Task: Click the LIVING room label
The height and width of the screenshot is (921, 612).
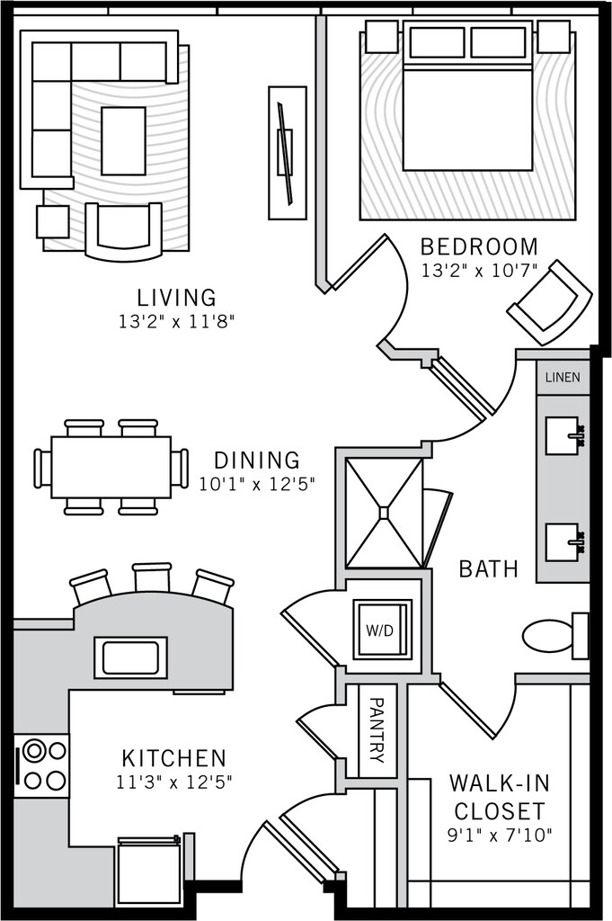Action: [176, 297]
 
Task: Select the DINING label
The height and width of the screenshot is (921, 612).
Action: [256, 460]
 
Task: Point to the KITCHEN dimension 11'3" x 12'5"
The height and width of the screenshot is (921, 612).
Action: [174, 782]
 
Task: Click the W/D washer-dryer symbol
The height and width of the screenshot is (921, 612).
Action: [381, 630]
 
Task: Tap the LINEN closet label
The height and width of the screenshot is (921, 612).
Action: [563, 378]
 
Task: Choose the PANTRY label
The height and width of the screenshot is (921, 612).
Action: [376, 730]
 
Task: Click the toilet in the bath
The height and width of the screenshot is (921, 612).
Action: [555, 636]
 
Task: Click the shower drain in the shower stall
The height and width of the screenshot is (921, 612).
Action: [384, 513]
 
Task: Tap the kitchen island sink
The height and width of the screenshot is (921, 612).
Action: [130, 657]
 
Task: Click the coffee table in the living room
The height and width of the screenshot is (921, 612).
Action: [123, 140]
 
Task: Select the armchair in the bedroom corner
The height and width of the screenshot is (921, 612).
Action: [550, 304]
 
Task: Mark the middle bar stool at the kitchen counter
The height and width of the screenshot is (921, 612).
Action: [152, 577]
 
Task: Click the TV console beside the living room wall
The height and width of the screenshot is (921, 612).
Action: [288, 153]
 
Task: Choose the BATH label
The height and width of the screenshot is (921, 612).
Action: [489, 568]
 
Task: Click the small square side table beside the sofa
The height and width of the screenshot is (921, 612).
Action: [53, 221]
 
